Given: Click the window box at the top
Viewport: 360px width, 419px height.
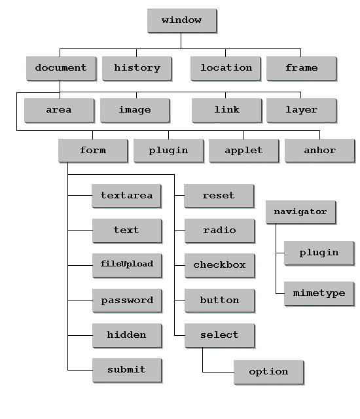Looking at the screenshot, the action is coord(181,20).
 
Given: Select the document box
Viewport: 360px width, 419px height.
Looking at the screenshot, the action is coord(61,68).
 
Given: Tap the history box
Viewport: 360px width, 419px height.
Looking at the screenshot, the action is coord(137,68).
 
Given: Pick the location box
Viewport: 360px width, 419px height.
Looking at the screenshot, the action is coord(226,68).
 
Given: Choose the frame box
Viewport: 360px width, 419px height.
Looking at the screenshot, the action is coord(302,68).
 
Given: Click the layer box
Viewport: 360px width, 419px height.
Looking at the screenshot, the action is coord(302,110).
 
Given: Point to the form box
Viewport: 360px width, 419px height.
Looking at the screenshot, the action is coord(93,150).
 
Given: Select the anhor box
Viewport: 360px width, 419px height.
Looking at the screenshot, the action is coord(320,150).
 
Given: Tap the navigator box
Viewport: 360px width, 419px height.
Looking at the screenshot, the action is coord(300,211).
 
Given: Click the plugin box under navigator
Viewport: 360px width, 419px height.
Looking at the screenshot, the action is coord(319,253).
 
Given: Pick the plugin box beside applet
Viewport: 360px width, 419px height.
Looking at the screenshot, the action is coord(168,150).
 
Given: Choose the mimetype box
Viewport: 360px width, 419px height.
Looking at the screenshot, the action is coord(319,293).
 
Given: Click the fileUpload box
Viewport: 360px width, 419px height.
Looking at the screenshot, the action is coord(127,265).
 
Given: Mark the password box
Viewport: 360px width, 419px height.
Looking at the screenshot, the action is coord(127,300).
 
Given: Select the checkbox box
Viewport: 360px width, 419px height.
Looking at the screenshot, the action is coord(219,265).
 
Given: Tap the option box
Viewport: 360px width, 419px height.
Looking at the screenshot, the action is coord(268,372).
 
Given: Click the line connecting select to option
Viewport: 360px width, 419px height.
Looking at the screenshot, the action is coord(202,372).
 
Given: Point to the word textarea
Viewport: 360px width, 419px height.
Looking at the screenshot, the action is coord(126,195).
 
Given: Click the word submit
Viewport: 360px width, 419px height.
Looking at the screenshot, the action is coord(126,369).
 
